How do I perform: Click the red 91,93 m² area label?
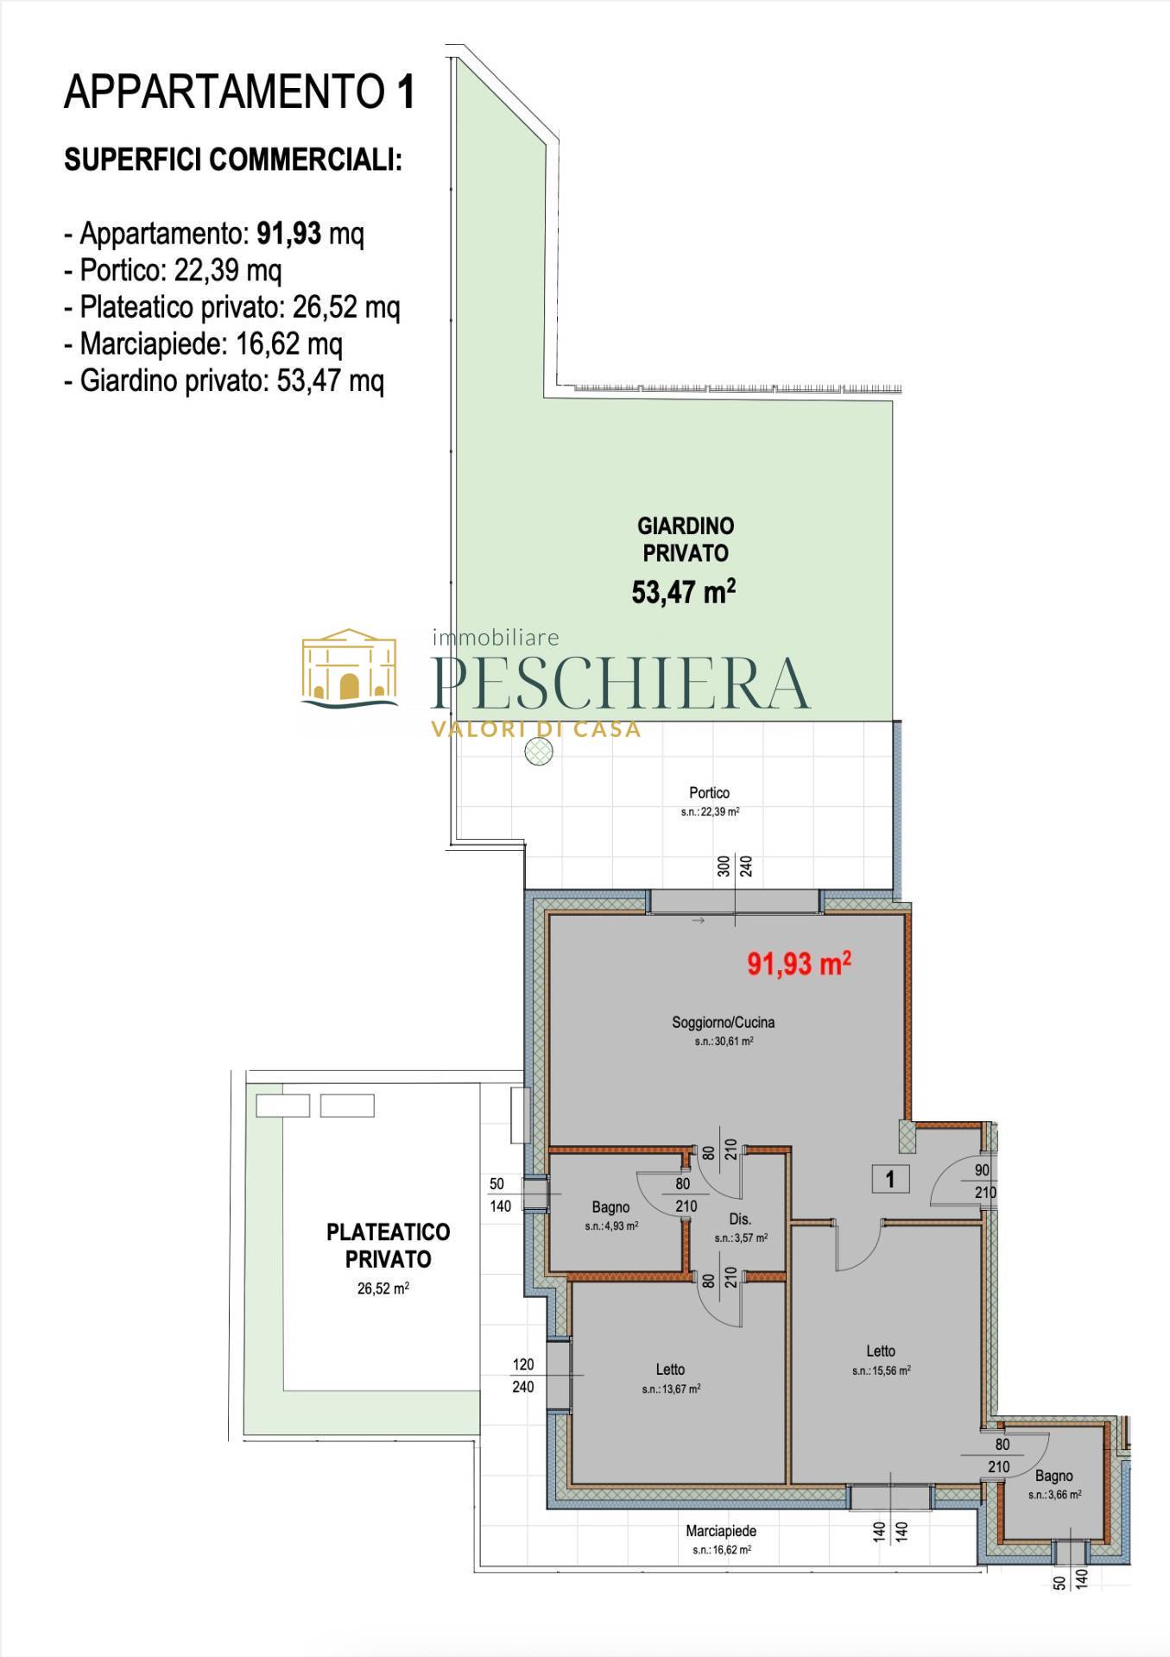click(800, 963)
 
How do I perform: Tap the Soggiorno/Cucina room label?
click(724, 1023)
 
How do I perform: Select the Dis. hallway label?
click(740, 1219)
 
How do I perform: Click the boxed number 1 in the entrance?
click(890, 1178)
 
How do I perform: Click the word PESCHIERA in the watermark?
click(620, 683)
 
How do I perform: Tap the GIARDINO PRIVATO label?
click(686, 539)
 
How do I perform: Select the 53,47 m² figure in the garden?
click(684, 592)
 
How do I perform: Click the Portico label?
click(709, 792)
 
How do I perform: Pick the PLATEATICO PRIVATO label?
click(389, 1245)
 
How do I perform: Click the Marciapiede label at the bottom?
click(721, 1531)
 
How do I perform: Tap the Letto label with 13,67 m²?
click(670, 1370)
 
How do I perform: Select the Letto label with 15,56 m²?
click(881, 1351)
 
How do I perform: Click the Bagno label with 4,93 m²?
click(610, 1207)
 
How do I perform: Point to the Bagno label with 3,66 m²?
click(1054, 1477)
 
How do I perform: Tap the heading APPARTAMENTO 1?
click(240, 92)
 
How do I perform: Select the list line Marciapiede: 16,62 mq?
click(203, 344)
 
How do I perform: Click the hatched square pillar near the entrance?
click(907, 1137)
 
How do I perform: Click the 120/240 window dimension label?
click(523, 1376)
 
